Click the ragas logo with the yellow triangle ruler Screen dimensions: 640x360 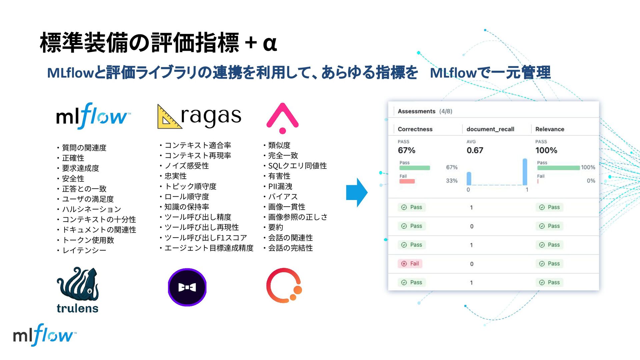coord(199,117)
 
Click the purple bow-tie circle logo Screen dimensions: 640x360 coord(187,287)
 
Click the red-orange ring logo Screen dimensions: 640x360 coord(284,286)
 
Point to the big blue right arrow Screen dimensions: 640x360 coord(357,192)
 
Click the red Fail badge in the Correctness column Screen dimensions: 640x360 coord(410,264)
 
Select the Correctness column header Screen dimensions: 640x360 coord(415,129)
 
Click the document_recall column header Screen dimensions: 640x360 coord(490,129)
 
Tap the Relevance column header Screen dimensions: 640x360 coord(550,129)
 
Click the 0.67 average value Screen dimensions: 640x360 coord(475,150)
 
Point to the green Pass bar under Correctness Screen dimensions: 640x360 coord(415,168)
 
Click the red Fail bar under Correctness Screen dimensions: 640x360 coord(407,181)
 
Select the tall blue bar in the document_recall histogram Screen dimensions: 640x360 coord(525,172)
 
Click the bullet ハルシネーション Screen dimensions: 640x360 coord(91,209)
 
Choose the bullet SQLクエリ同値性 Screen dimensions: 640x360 coord(297,166)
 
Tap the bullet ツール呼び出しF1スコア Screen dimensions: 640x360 coord(205,238)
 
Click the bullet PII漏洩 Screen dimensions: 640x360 coord(280,186)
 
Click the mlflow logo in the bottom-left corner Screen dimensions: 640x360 coord(43,335)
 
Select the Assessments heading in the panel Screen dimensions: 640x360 coord(416,111)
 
